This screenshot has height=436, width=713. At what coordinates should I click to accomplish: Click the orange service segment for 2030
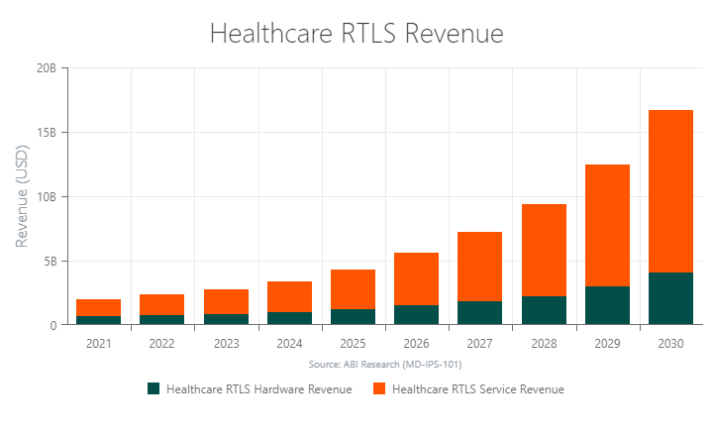[670, 190]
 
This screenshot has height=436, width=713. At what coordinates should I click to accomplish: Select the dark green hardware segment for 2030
[670, 298]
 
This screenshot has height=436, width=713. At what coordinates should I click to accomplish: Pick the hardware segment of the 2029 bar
[607, 305]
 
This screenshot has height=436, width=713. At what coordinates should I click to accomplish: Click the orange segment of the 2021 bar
[98, 307]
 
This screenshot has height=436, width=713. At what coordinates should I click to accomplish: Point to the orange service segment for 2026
[416, 278]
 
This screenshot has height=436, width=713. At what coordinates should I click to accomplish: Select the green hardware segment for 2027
[479, 312]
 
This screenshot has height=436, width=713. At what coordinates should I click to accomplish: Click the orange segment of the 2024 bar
[289, 296]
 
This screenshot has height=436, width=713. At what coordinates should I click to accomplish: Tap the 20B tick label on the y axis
[46, 68]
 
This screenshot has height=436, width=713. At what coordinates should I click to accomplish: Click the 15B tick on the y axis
[46, 133]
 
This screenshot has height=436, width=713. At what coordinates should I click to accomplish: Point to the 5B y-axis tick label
[49, 262]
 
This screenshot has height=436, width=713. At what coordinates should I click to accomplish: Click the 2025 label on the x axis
[353, 344]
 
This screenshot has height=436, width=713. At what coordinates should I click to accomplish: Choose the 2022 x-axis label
[161, 344]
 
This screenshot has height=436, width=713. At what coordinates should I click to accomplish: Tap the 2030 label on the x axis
[670, 344]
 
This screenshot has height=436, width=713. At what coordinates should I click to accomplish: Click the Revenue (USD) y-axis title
[22, 196]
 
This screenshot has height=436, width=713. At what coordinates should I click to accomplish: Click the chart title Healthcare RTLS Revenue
[356, 33]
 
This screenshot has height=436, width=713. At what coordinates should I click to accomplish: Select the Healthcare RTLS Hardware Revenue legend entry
[250, 389]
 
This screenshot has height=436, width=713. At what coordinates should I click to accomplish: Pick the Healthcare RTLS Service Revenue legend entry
[468, 389]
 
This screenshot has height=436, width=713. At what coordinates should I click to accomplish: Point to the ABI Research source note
[384, 365]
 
